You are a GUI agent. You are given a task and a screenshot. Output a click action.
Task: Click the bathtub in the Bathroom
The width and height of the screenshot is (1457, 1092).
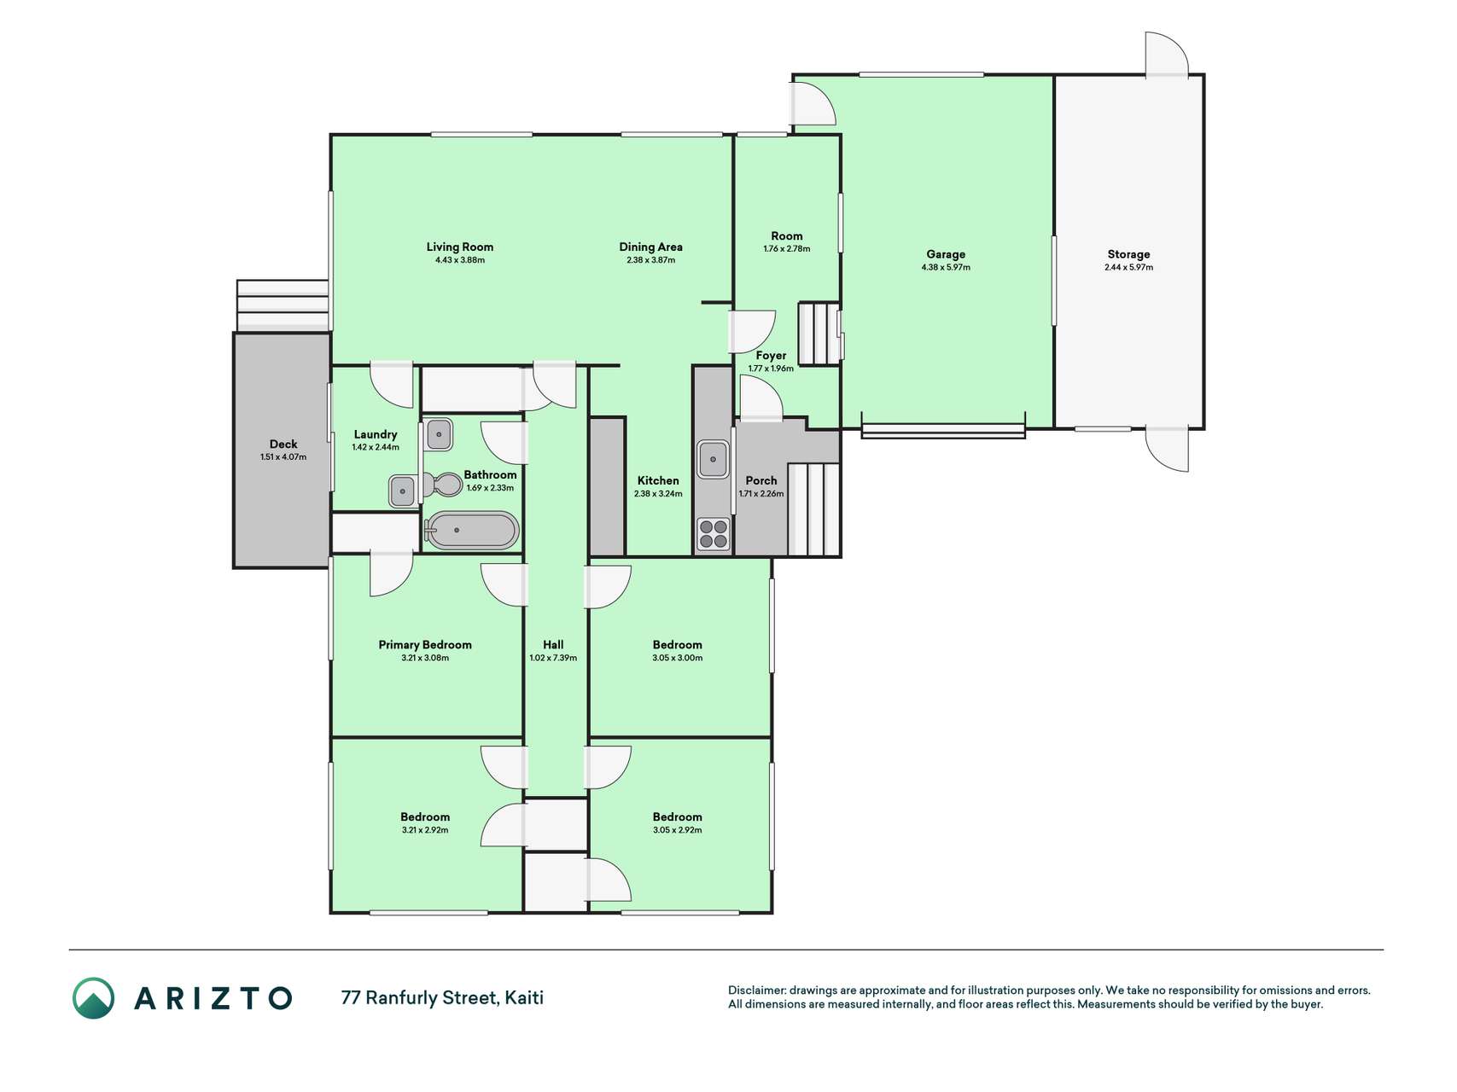pos(472,531)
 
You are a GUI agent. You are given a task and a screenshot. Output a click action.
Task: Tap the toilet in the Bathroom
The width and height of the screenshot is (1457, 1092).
pos(443,485)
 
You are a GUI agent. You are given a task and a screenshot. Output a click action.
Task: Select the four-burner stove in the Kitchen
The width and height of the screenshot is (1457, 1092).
pos(714,534)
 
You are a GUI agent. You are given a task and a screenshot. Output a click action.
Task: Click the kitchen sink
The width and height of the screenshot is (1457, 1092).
pos(714,459)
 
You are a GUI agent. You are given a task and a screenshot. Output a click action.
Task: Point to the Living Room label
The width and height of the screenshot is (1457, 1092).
pos(460,247)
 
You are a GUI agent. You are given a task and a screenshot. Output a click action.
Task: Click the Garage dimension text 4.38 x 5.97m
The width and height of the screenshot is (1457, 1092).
pos(946,267)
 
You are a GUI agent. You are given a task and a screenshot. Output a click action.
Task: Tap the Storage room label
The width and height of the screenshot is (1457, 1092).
pos(1128,253)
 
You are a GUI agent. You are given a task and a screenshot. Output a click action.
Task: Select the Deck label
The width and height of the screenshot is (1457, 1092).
pos(283,444)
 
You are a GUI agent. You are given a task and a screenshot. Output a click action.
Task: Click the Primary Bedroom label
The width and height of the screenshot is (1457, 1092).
pos(425,644)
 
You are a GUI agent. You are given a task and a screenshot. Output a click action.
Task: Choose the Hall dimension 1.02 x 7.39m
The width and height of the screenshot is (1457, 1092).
pos(553,658)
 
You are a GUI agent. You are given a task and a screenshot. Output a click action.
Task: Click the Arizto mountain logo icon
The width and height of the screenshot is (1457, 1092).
pos(93,998)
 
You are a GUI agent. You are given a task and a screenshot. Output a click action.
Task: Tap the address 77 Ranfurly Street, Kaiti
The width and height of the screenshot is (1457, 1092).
pos(442,997)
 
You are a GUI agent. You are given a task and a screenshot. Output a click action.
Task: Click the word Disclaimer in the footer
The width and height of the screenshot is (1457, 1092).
pos(756,990)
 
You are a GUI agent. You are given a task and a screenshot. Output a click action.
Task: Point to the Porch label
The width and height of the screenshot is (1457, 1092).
pos(761,480)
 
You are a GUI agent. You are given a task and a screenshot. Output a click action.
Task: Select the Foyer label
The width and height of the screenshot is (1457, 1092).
pos(771,356)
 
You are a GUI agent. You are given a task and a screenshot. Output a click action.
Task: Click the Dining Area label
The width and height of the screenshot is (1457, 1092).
pos(650,247)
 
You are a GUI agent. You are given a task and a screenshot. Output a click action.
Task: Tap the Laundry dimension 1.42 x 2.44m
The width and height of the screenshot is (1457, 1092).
pos(376,447)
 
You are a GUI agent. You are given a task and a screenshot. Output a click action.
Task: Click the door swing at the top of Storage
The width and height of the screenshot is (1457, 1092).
pos(1166,55)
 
